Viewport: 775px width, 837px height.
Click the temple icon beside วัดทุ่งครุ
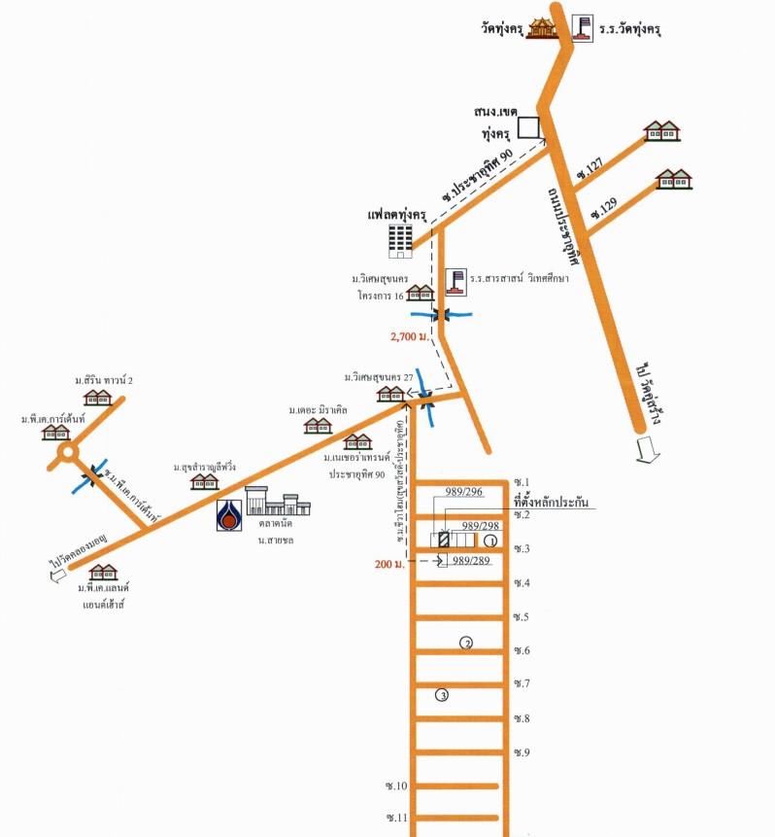tap(541, 27)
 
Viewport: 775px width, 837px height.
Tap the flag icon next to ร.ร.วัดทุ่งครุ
tap(582, 27)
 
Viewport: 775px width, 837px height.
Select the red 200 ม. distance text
tap(391, 563)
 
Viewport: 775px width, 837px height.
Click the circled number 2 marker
tap(466, 643)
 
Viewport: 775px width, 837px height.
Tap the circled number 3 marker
tap(442, 694)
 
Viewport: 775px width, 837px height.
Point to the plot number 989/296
tap(463, 492)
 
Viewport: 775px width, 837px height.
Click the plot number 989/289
tap(469, 561)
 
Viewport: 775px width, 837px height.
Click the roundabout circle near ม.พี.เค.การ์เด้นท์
tap(67, 452)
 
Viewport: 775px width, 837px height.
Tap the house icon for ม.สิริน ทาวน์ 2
tap(98, 397)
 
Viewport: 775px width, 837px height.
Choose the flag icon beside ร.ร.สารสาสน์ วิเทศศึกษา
tap(455, 281)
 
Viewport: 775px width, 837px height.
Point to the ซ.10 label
tap(396, 785)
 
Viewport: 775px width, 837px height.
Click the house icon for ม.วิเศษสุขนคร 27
tap(390, 394)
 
